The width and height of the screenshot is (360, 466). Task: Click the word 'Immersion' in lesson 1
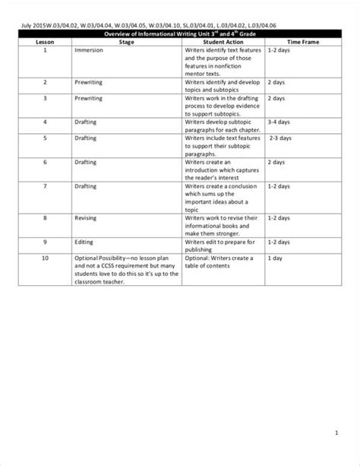(88, 50)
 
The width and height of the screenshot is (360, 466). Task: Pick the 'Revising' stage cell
(86, 217)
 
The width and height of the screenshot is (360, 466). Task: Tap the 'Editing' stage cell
(84, 242)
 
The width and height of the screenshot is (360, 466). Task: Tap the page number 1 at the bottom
(336, 434)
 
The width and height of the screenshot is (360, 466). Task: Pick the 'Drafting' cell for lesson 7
(86, 185)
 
